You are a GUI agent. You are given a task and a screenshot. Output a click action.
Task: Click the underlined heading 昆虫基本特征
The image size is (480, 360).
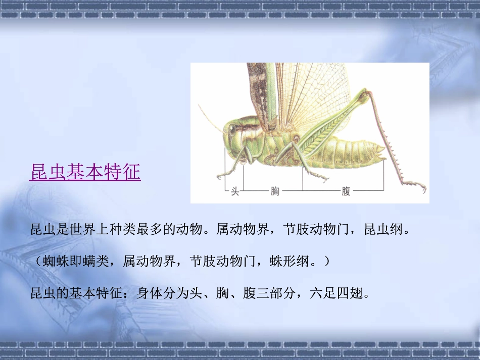tap(85, 172)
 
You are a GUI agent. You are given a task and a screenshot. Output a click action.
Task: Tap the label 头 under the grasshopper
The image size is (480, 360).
tap(235, 192)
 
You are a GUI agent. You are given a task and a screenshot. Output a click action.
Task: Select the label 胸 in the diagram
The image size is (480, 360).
tap(275, 192)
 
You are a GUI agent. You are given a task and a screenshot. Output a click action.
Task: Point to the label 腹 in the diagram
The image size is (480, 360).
tap(346, 192)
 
